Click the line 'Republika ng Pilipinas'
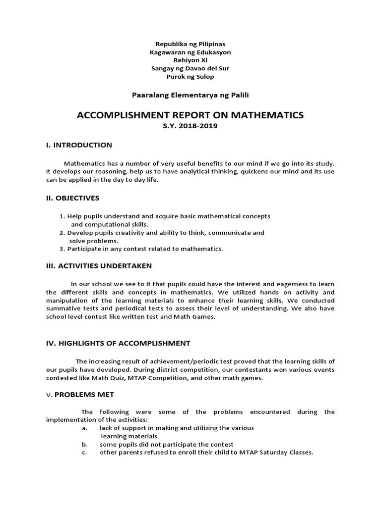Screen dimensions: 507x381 (190, 44)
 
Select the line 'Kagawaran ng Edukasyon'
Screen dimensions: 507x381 (190, 52)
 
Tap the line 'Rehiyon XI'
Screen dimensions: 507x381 (190, 60)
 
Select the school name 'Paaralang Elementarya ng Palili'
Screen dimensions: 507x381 (190, 95)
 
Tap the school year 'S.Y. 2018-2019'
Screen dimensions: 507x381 (190, 126)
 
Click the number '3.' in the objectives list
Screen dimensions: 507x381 (62, 249)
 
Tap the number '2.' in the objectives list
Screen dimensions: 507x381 (62, 233)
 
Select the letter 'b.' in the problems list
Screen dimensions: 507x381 (84, 445)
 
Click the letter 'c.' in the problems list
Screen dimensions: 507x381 (84, 453)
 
